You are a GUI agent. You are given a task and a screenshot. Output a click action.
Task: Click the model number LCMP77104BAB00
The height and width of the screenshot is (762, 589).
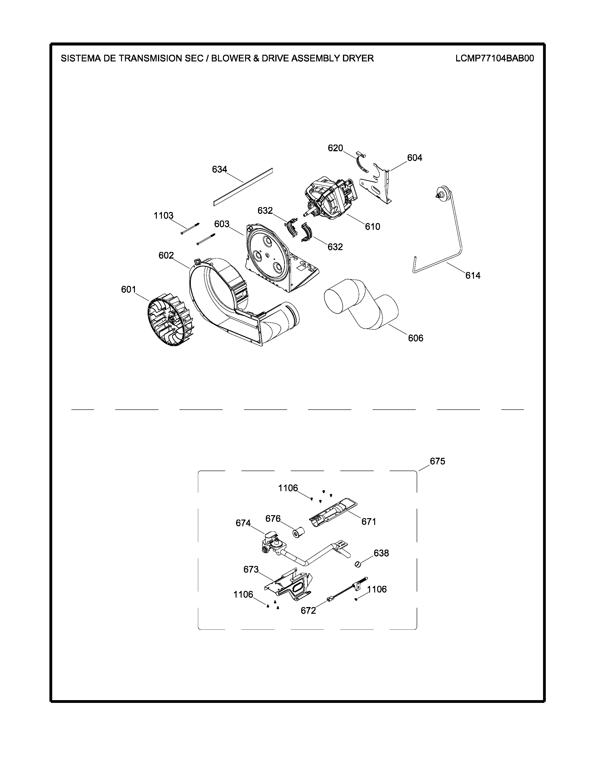495,58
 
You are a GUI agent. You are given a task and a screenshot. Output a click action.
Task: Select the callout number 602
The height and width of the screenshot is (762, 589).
166,256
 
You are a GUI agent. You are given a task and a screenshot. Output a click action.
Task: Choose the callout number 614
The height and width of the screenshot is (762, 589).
473,276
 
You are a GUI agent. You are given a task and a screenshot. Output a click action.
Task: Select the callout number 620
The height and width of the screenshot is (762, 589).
335,148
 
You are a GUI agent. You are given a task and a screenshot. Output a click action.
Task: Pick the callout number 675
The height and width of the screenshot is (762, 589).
437,461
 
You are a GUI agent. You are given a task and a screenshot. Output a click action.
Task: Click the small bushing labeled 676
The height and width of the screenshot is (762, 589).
298,533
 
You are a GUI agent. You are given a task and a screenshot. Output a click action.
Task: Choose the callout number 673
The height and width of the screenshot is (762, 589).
251,569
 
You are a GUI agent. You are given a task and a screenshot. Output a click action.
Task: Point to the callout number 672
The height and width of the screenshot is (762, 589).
308,611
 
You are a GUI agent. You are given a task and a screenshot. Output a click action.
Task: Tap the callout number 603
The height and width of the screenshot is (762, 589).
222,224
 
